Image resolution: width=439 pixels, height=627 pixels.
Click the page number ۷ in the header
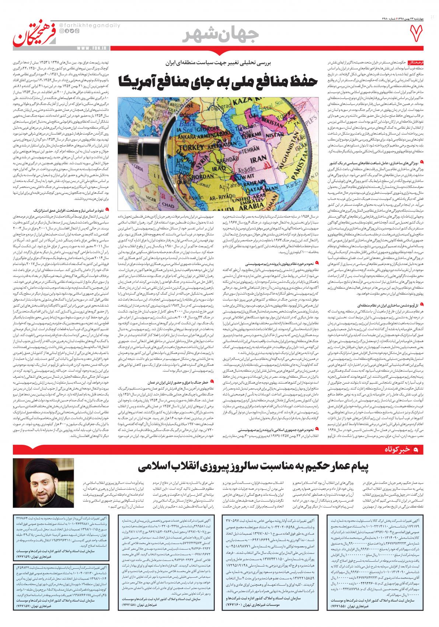[418, 37]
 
